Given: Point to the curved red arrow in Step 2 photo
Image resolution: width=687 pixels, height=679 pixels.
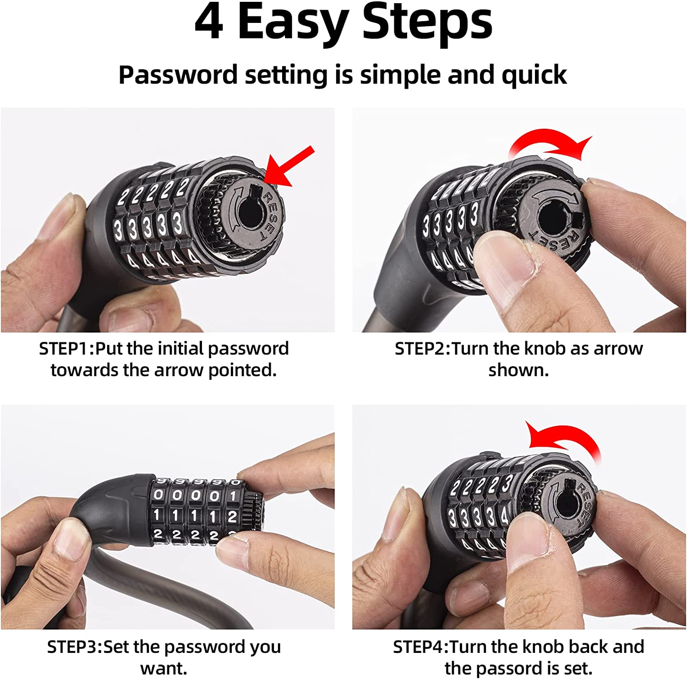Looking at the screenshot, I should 550,146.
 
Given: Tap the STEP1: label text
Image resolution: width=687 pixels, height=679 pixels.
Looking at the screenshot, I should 66,349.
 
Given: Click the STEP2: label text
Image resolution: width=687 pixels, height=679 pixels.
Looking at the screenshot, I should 423,349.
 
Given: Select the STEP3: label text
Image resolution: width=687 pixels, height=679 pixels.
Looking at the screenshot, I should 75,647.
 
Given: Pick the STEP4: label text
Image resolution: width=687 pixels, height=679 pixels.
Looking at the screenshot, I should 421,647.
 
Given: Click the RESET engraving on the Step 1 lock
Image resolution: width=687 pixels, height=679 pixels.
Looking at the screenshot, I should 270,215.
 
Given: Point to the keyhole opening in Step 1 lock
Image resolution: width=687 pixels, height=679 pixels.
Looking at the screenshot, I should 250,214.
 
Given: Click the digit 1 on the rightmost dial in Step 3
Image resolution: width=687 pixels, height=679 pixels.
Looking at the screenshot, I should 233,495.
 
